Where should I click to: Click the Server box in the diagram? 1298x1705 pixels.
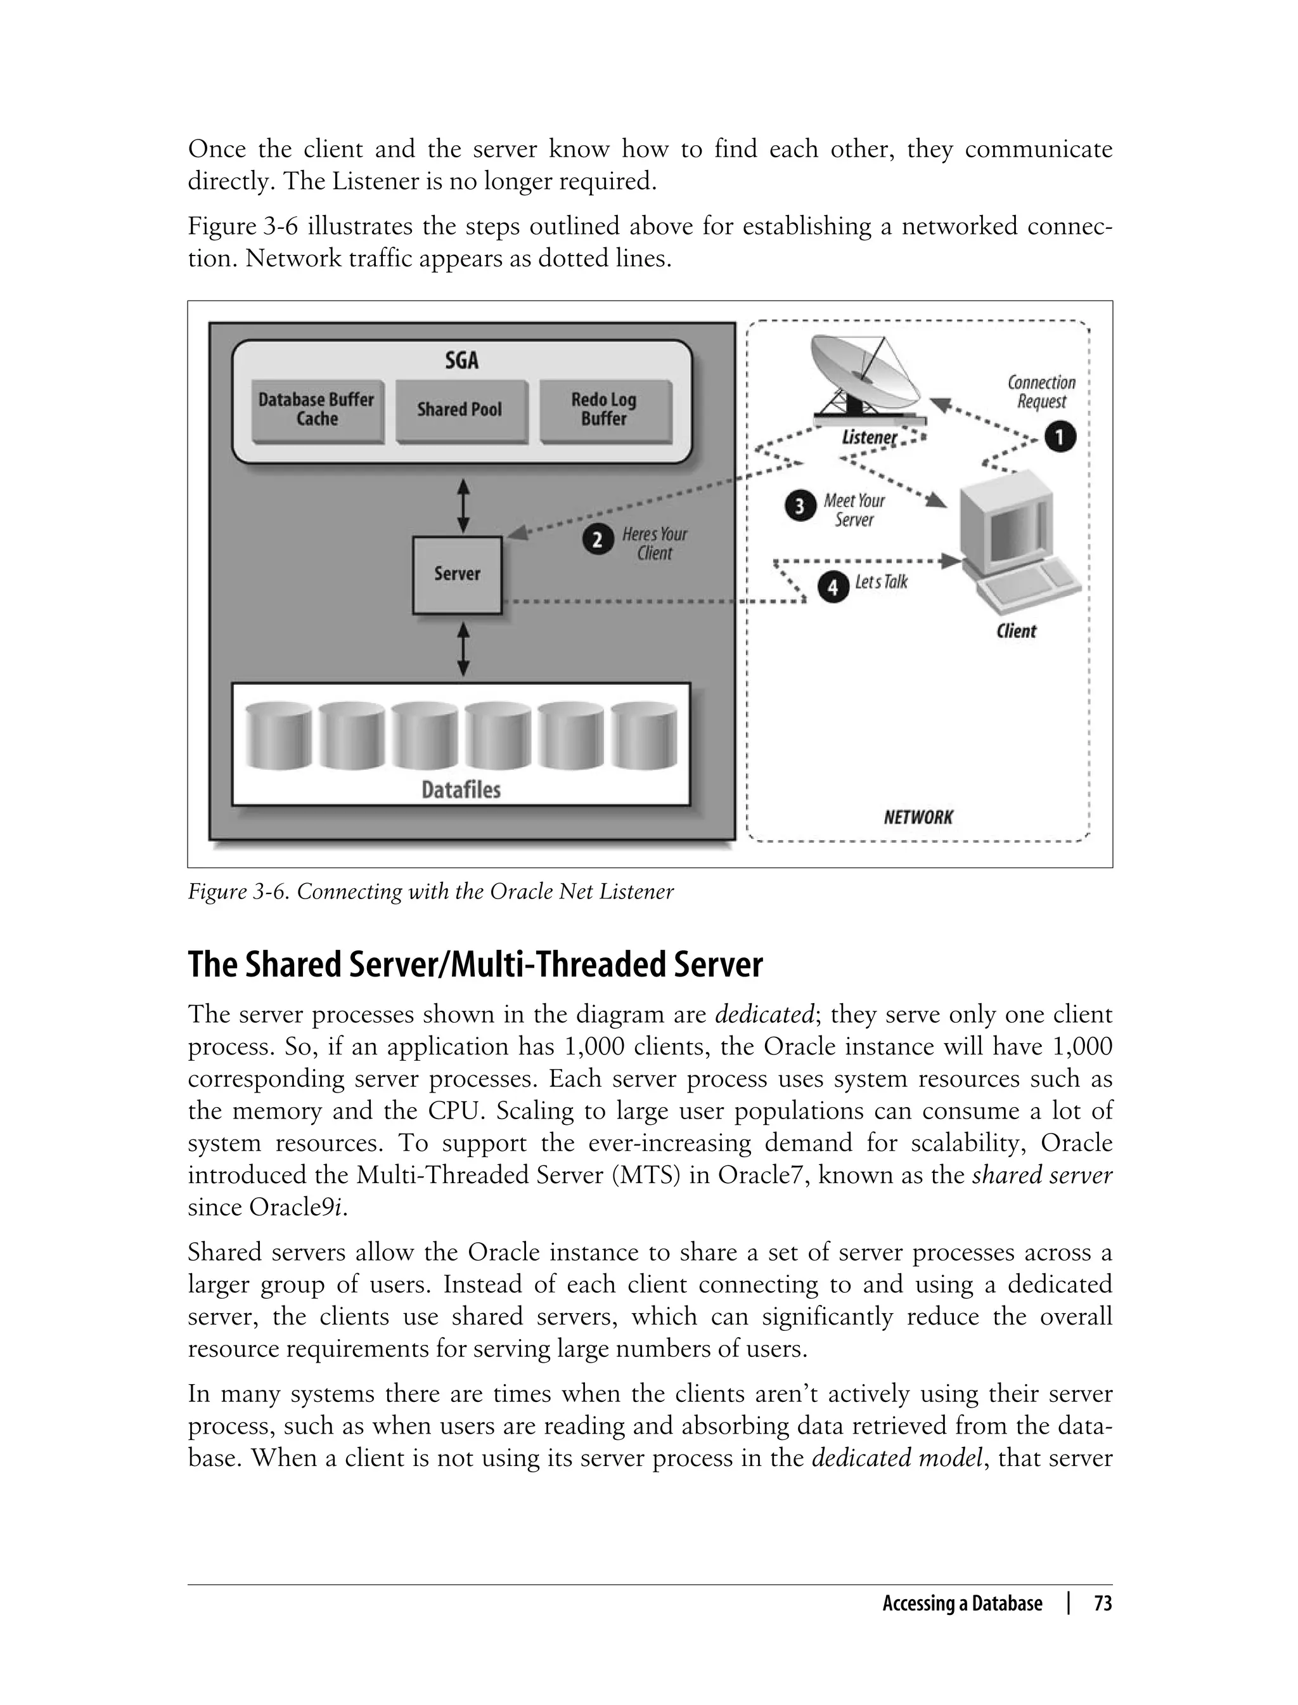click(x=456, y=574)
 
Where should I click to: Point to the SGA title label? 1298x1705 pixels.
click(x=461, y=360)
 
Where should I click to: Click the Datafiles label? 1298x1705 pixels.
click(x=461, y=790)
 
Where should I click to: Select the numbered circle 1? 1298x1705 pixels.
click(x=1060, y=438)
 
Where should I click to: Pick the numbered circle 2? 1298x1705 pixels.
click(x=597, y=540)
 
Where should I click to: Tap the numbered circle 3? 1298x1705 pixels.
click(x=800, y=507)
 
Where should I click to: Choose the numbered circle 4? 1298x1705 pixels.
click(x=833, y=588)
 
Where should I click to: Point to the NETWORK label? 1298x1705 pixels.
click(x=918, y=817)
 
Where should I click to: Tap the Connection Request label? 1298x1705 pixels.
click(x=1041, y=392)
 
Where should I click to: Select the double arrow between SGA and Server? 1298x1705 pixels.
click(x=463, y=506)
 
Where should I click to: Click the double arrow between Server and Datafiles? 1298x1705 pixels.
click(x=463, y=650)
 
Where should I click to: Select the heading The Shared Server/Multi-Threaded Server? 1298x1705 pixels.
click(x=475, y=964)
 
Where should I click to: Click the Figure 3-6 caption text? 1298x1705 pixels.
click(x=430, y=892)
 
